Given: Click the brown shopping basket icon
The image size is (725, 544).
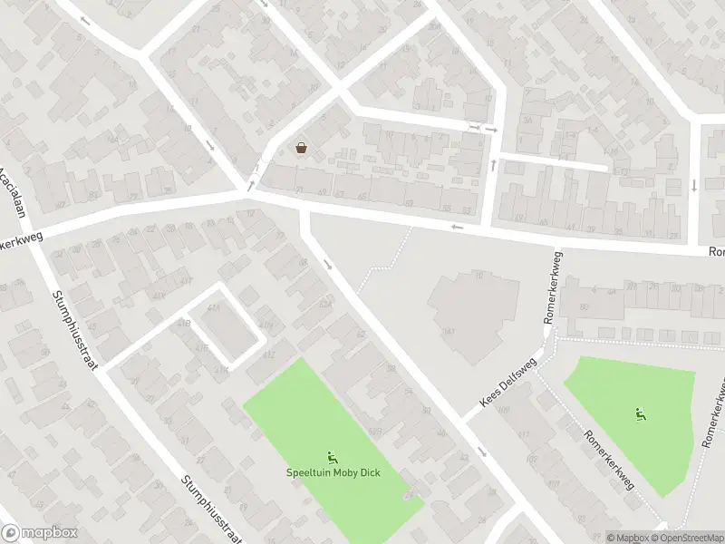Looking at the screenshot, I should (x=301, y=148).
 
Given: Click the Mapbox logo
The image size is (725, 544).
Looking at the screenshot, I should (x=39, y=534).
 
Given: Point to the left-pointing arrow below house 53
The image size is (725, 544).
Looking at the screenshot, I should (x=458, y=227).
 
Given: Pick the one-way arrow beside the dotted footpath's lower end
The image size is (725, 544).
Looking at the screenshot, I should (x=328, y=265).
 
